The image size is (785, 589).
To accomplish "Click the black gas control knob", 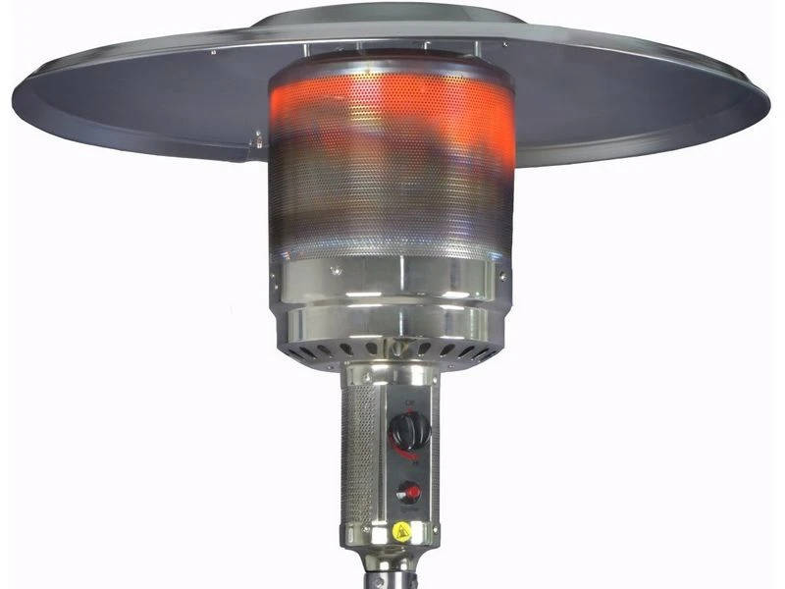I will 410,430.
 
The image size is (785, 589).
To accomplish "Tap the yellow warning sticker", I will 401,531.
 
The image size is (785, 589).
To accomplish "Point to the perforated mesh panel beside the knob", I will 359,461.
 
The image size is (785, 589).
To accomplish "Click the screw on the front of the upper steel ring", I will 337,268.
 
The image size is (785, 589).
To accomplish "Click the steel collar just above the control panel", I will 391,374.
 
